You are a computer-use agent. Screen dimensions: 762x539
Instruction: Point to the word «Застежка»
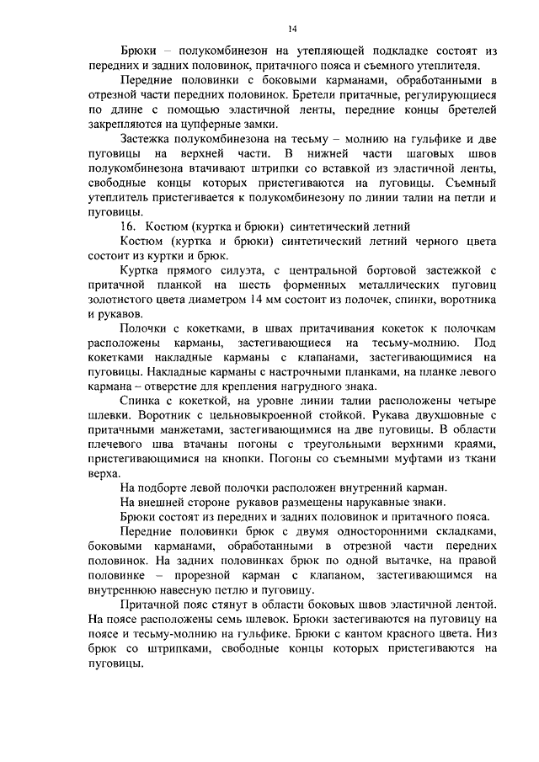pyautogui.click(x=150, y=140)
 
